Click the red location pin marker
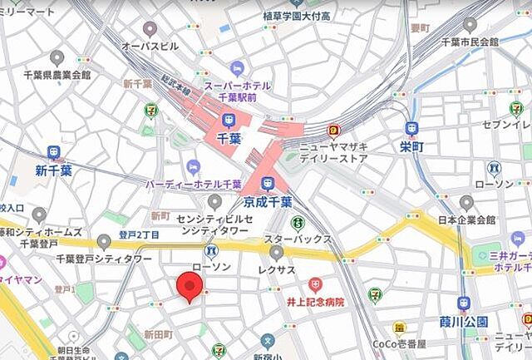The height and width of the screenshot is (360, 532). (190, 287)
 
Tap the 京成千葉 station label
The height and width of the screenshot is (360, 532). (268, 202)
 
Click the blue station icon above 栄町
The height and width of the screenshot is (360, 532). (411, 129)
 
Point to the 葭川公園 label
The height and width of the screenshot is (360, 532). (464, 321)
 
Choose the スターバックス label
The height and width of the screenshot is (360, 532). (298, 239)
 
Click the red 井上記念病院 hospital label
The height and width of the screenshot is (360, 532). (316, 302)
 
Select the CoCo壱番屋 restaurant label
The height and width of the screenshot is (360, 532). (399, 343)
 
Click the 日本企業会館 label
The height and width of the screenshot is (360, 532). (465, 220)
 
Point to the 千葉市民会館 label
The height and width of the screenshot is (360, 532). (470, 41)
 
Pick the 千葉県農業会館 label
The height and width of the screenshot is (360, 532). (57, 75)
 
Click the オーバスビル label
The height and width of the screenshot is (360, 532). (150, 46)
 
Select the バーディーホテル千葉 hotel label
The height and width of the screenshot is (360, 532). (194, 184)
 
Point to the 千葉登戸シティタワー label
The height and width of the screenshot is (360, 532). (103, 259)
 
